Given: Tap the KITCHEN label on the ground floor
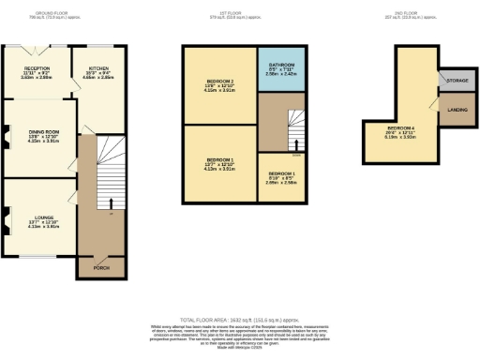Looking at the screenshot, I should click(x=98, y=68).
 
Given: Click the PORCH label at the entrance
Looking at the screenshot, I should click(x=99, y=268).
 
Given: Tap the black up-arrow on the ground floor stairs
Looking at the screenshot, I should click(x=111, y=203).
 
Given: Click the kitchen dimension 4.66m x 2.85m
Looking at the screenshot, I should click(x=98, y=79).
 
